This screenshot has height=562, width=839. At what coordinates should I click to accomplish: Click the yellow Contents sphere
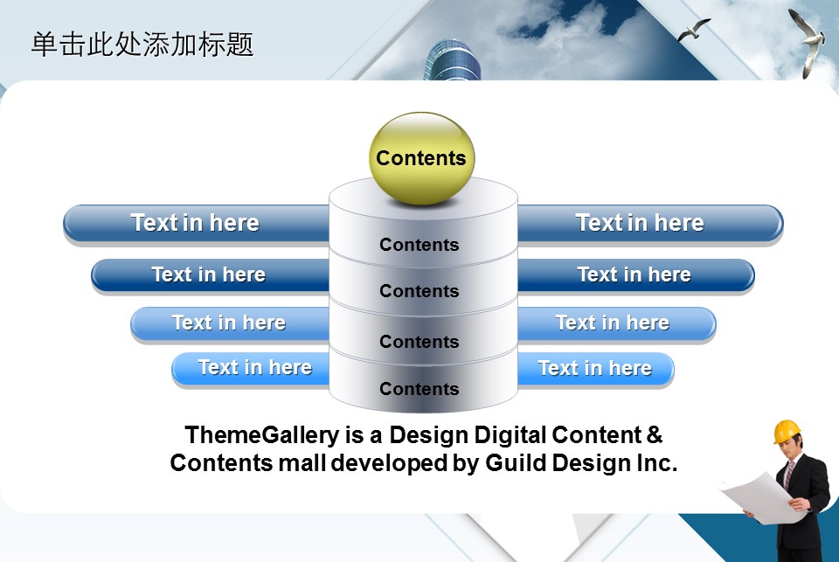(421, 158)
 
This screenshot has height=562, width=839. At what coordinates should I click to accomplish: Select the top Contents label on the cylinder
(419, 245)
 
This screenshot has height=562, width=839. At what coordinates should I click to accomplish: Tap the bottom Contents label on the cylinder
(419, 389)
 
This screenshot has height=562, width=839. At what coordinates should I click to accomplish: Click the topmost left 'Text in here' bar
(197, 224)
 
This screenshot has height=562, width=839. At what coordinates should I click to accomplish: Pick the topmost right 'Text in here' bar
(650, 224)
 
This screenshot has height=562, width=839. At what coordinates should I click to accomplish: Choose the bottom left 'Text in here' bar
(251, 369)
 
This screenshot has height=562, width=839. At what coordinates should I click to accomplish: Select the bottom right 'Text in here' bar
(595, 369)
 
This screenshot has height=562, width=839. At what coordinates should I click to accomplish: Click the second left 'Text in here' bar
(211, 275)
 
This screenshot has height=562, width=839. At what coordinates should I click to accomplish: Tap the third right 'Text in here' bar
(616, 323)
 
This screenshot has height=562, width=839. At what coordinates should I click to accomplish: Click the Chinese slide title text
(142, 45)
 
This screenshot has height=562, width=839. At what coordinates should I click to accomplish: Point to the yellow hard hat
(787, 432)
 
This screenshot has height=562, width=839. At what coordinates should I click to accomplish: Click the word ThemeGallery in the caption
(261, 435)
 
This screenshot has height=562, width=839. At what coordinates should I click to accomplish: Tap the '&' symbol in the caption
(654, 434)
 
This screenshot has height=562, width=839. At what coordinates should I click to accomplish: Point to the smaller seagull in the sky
(693, 30)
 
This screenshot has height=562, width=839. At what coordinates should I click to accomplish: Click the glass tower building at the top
(453, 60)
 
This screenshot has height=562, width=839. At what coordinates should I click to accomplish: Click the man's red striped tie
(788, 475)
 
